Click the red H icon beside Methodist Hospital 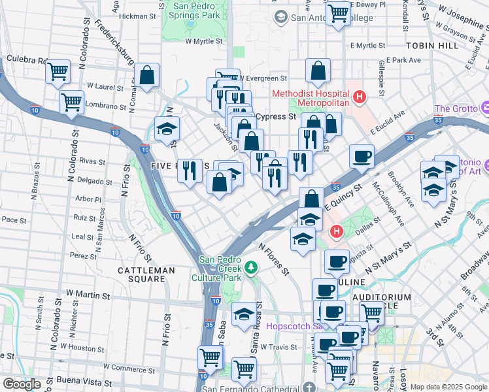tap(358, 97)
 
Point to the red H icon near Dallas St tap(336, 231)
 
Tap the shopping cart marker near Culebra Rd tap(58, 71)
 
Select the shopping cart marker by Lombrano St tap(71, 102)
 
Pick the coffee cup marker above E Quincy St tap(362, 156)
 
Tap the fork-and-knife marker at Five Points tap(190, 171)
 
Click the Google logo tap(22, 384)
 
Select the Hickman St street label tap(135, 16)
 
